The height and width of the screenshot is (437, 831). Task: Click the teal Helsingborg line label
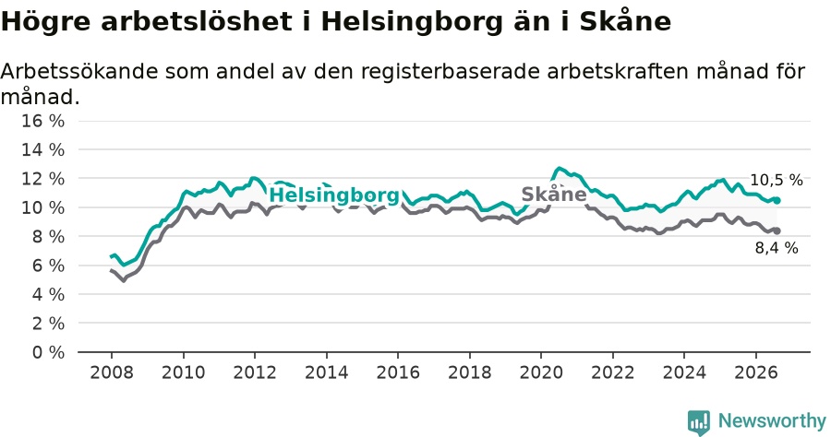point(334,195)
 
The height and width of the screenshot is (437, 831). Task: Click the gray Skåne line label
point(554,195)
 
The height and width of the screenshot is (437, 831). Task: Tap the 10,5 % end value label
point(776,180)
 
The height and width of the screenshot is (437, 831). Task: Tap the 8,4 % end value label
point(777,248)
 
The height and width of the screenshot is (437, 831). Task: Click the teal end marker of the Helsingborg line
point(777,200)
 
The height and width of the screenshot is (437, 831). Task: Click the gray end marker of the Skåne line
point(777,230)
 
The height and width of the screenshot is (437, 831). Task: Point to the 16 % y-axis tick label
point(42,121)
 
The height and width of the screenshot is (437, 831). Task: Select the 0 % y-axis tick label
point(48,352)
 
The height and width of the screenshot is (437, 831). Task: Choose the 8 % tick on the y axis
point(48,237)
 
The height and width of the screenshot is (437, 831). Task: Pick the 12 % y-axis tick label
point(42,179)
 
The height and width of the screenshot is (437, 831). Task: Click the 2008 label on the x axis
point(112,372)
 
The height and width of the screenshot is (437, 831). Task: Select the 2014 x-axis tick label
point(327,372)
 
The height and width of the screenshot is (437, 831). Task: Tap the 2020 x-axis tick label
point(541,372)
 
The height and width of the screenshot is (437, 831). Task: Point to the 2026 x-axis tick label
point(755,372)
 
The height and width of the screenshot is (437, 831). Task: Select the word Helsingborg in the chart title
point(412,22)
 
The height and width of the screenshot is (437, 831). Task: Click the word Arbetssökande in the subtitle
point(79,71)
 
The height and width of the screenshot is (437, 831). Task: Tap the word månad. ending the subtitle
point(41,97)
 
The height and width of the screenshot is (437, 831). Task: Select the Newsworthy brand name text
point(772,421)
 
